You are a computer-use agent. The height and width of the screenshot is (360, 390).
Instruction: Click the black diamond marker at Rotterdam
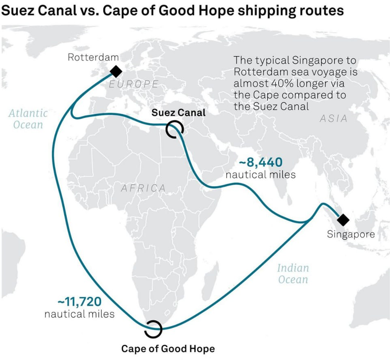[x=116, y=72]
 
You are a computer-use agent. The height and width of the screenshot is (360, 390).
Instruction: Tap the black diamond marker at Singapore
[x=343, y=220]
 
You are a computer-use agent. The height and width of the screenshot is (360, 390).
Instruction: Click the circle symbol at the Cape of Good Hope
[x=153, y=328]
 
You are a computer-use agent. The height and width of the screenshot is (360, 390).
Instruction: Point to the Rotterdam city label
[x=93, y=57]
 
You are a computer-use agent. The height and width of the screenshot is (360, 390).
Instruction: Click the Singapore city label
[x=351, y=234]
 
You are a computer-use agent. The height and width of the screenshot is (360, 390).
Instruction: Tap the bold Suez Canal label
[x=179, y=112]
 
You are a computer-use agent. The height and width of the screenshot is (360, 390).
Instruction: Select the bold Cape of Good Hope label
[x=168, y=349]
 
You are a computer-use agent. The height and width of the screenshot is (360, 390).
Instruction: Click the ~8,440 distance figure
[x=261, y=163]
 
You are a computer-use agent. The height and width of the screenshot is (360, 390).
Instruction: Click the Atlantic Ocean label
[x=28, y=119]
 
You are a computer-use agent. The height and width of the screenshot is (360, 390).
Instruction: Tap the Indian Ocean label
[x=293, y=274]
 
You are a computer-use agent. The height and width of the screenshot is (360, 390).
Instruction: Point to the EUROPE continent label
[x=134, y=84]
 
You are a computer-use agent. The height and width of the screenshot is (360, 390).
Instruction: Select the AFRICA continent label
[x=143, y=188]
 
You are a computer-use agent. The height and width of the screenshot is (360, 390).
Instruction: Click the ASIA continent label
[x=333, y=119]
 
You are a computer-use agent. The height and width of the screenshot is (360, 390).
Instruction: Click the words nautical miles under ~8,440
[x=261, y=175]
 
